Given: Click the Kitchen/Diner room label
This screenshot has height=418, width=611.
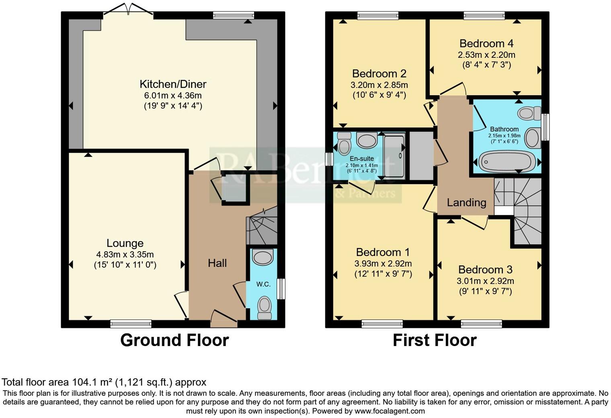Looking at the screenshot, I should [173, 84].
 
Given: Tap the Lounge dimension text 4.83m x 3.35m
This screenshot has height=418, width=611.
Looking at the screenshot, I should [125, 254].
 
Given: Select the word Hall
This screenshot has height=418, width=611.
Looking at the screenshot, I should [217, 263].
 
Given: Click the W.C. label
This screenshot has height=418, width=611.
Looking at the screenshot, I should [263, 284].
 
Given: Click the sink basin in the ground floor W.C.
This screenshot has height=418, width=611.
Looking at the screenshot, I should [263, 257].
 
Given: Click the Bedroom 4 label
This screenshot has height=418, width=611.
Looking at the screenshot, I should [486, 43].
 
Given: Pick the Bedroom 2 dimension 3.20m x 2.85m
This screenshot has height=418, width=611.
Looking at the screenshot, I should [379, 85].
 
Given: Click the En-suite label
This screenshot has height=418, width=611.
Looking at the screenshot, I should [362, 159].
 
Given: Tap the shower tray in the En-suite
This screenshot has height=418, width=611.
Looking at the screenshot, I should [394, 156].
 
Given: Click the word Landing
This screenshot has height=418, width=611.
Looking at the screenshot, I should [466, 203].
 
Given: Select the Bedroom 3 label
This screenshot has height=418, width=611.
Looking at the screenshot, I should [485, 270].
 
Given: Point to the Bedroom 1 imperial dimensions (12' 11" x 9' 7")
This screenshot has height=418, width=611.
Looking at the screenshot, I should [383, 274].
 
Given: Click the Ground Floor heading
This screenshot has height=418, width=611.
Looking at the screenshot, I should [174, 340].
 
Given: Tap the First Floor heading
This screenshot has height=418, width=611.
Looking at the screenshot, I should [434, 340].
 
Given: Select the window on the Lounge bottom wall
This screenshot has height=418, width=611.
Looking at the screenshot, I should [131, 324].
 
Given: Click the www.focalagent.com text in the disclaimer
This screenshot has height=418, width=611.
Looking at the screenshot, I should [390, 411].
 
